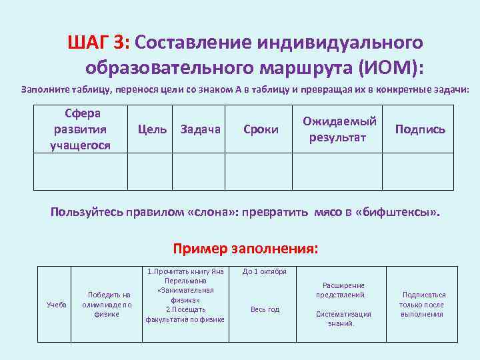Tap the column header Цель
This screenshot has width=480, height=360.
(x=151, y=129)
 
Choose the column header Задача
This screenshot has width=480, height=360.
(x=200, y=129)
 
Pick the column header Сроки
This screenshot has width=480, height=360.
(x=261, y=129)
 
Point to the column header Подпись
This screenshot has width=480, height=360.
(x=420, y=129)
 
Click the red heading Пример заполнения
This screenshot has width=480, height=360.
(x=245, y=249)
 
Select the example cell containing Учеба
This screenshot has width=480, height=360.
(x=56, y=305)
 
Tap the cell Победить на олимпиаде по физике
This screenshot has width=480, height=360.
(x=107, y=304)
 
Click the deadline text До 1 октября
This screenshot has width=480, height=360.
(x=264, y=272)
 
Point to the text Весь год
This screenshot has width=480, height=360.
(x=265, y=309)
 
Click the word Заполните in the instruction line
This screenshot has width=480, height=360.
(x=45, y=89)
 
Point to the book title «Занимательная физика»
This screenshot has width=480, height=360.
(x=185, y=295)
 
